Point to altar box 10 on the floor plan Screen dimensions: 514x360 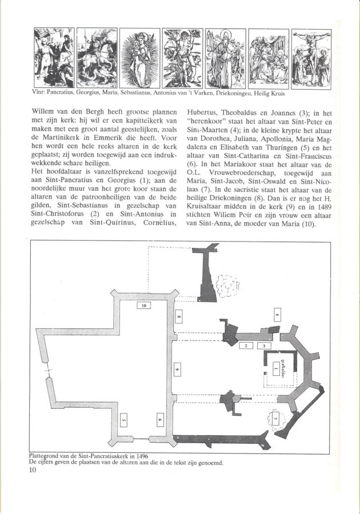click(144, 306)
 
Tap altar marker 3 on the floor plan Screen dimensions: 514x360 click(264, 346)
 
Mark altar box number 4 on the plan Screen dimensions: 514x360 click(277, 315)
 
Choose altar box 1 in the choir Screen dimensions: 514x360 click(275, 370)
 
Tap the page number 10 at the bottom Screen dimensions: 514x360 click(33, 471)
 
